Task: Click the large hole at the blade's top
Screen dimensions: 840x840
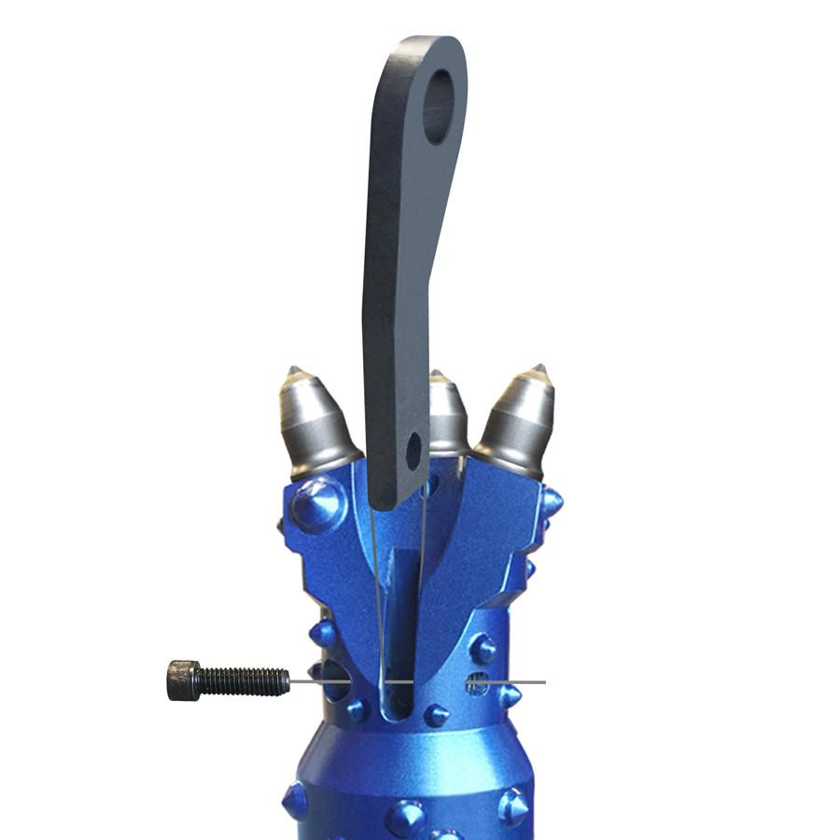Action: point(438,108)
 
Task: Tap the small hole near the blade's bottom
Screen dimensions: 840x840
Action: point(413,451)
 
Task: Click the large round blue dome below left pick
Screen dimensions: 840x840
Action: point(317,505)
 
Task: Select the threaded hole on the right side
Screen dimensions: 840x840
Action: point(477,686)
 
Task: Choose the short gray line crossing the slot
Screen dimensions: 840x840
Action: point(399,681)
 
